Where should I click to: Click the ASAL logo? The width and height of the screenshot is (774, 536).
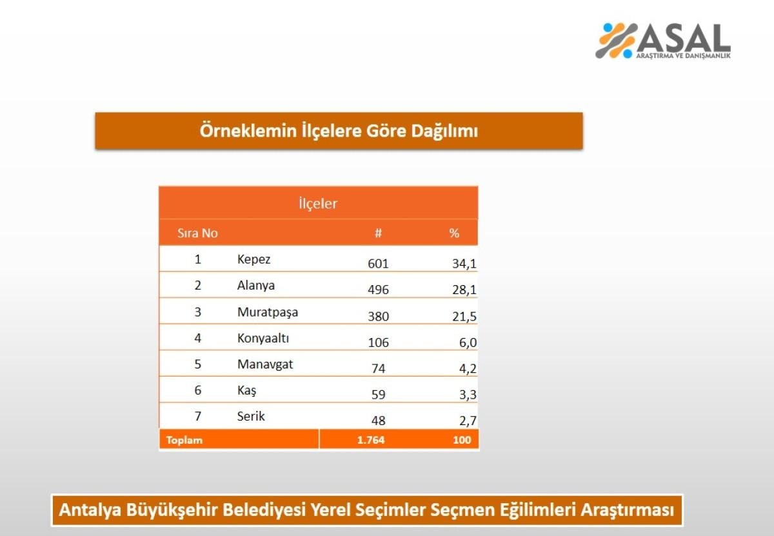point(663,41)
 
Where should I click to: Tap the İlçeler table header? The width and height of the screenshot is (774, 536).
point(318,203)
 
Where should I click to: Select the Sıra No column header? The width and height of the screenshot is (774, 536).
point(197,233)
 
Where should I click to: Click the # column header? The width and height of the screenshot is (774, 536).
point(379,233)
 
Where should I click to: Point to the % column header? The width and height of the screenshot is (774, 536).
point(454,233)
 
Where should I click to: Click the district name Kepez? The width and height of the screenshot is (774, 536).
point(253,259)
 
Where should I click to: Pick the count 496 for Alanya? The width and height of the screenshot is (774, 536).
point(378,290)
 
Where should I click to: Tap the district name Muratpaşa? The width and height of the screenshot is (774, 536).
point(268,312)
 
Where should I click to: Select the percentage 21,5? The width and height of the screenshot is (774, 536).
point(464,316)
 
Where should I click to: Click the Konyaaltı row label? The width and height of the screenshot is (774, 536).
point(263,338)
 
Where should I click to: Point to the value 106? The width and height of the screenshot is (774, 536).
point(379,342)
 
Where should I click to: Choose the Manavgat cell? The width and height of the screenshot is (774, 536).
point(265,364)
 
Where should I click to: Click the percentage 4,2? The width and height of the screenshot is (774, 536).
point(468,369)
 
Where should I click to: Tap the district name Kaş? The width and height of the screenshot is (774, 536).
point(246,390)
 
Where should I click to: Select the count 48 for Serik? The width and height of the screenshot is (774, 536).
point(379,421)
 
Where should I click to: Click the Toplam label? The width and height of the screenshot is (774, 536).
point(184,440)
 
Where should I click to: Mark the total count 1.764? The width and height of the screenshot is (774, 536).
point(371,440)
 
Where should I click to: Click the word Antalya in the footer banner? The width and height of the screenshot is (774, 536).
point(90,510)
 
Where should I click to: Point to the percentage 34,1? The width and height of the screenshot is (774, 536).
point(464,264)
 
